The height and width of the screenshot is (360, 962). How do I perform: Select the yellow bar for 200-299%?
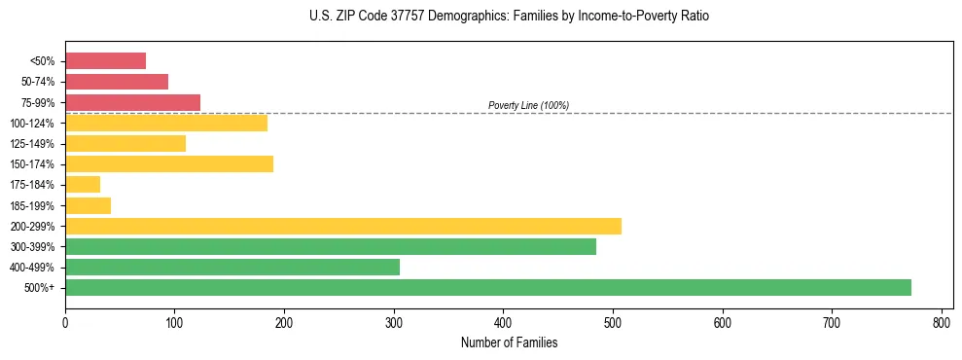(342, 226)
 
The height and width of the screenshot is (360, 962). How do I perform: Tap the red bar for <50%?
(105, 61)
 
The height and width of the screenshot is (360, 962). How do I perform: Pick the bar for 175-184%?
(83, 185)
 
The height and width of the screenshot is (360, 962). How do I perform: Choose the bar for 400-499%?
(232, 267)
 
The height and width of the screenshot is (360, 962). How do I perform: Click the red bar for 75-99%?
(132, 102)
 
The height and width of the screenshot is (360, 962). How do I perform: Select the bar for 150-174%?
(168, 163)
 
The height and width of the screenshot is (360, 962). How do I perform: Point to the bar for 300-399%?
(330, 246)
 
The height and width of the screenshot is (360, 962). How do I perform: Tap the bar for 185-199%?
(88, 205)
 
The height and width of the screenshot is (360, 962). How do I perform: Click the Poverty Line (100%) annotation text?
(528, 105)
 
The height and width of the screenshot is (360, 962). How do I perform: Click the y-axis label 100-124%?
(32, 124)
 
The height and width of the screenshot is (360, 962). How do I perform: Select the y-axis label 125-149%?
(32, 144)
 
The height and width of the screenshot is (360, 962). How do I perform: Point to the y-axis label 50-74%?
(37, 82)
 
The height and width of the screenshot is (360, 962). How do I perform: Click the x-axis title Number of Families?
(509, 342)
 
